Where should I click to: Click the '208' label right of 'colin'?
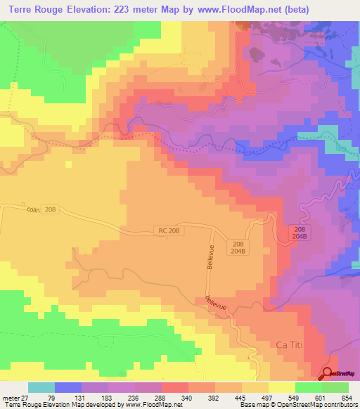49,209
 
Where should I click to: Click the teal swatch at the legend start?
41,387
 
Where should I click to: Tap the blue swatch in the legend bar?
68,387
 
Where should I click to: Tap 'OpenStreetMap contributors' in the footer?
322,404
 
